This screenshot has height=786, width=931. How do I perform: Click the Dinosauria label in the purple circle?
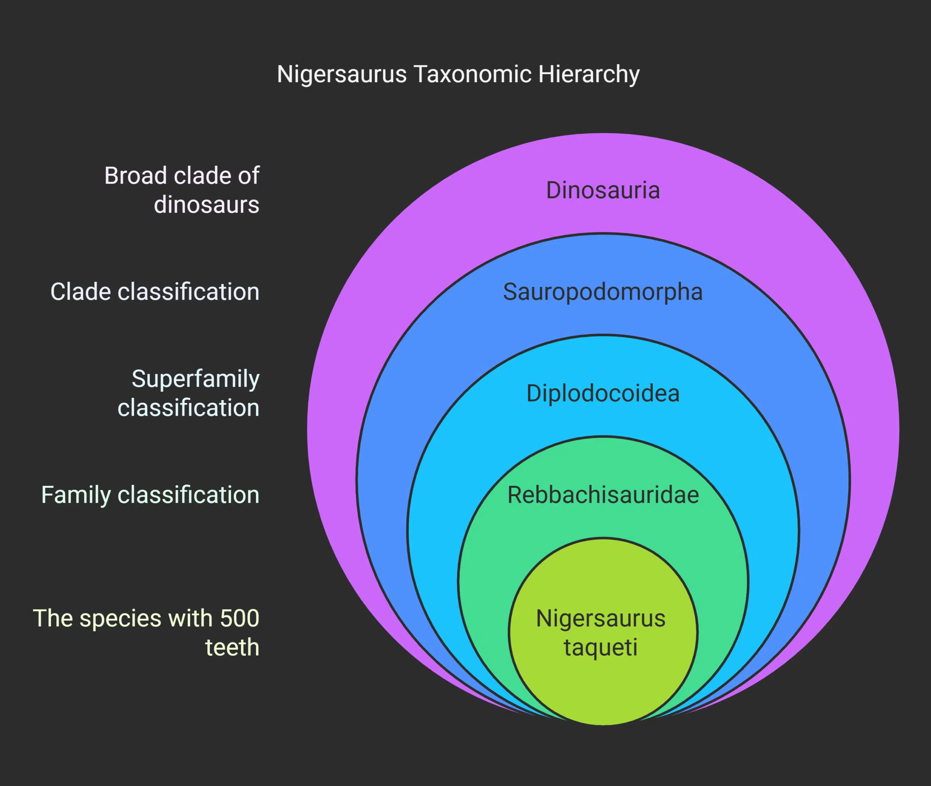pos(603,190)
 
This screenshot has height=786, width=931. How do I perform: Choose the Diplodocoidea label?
pos(603,394)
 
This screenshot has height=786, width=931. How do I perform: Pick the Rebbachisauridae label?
pos(603,495)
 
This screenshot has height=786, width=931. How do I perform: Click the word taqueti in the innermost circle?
pos(600,647)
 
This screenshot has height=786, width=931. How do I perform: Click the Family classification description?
pos(150,495)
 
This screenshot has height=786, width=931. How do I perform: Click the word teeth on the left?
pos(232,647)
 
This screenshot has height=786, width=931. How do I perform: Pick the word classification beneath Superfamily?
pos(188,408)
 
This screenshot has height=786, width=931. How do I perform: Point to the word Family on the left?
pos(76,495)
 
